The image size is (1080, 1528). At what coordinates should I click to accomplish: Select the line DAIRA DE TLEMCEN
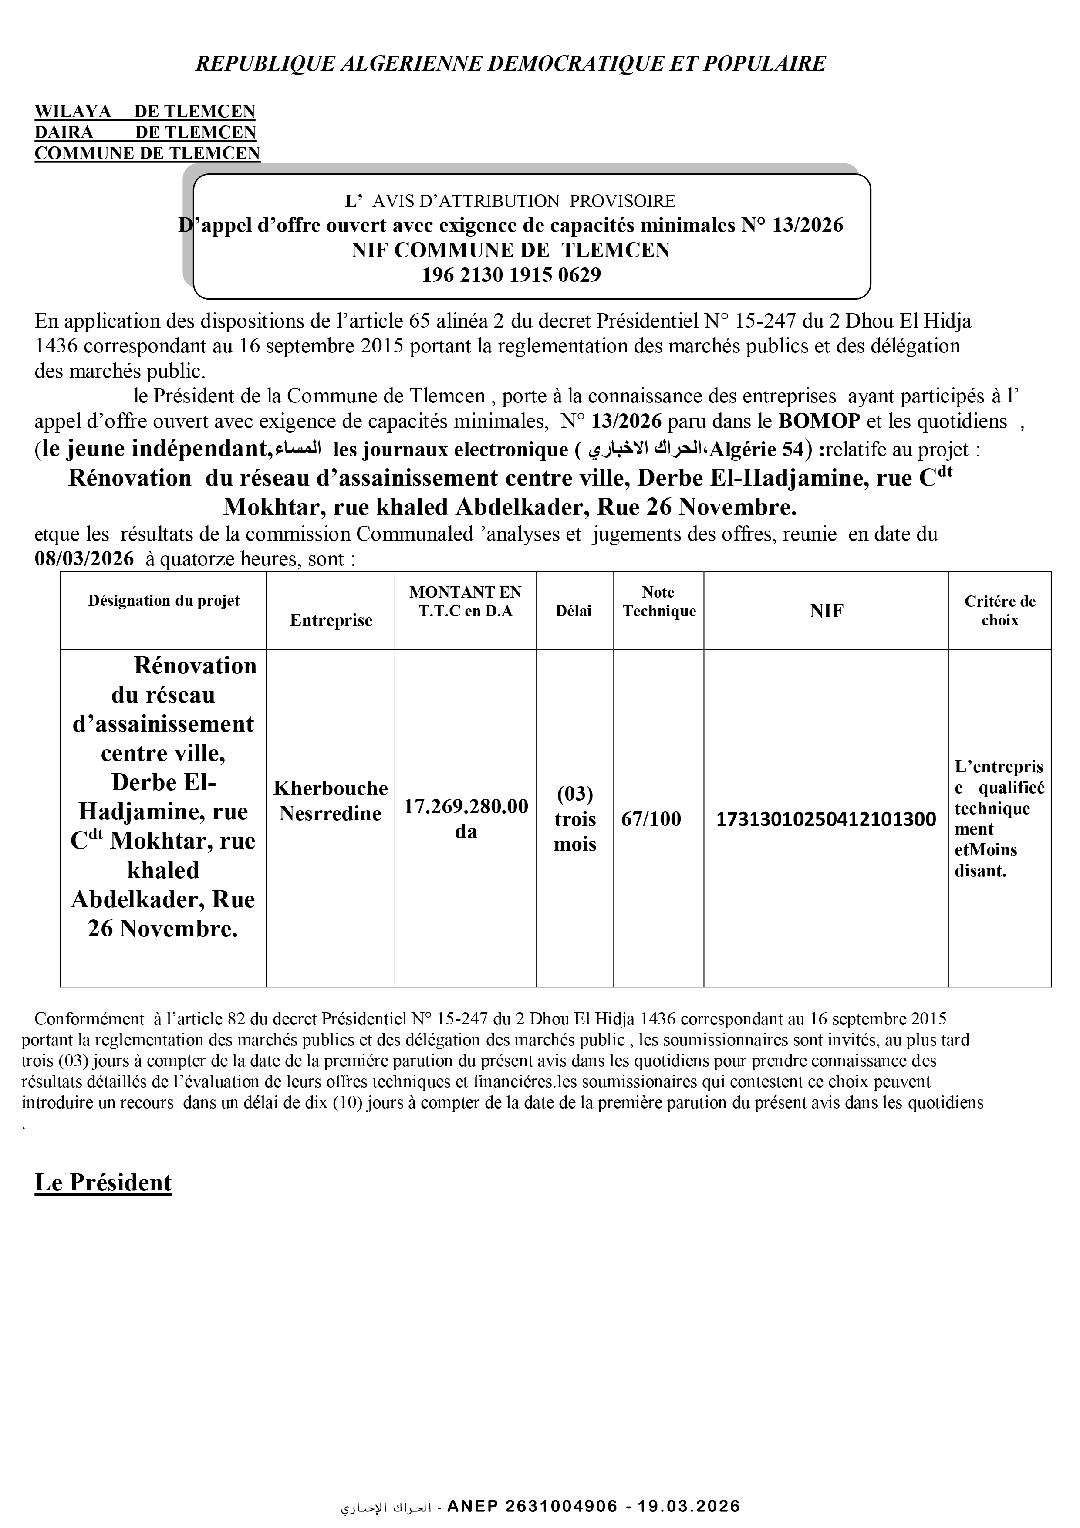tap(145, 132)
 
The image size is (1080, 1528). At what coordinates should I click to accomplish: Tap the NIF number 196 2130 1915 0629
tap(511, 275)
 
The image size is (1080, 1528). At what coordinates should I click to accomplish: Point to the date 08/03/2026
tap(84, 558)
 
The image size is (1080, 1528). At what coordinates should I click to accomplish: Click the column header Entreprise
tap(331, 620)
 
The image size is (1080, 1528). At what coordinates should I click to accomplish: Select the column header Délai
tap(574, 611)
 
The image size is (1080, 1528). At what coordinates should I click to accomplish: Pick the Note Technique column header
tap(659, 602)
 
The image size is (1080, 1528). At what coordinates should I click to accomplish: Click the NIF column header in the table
tap(826, 611)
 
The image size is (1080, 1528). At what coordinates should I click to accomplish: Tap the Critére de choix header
tap(999, 611)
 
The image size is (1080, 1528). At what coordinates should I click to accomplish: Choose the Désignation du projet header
tap(164, 601)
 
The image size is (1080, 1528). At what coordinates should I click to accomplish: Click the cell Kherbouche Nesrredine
tap(331, 801)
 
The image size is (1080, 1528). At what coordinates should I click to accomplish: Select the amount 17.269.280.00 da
tap(466, 818)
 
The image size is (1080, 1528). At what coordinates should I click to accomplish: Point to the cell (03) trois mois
tap(575, 819)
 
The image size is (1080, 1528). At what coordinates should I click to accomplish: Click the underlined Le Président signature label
tap(103, 1183)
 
